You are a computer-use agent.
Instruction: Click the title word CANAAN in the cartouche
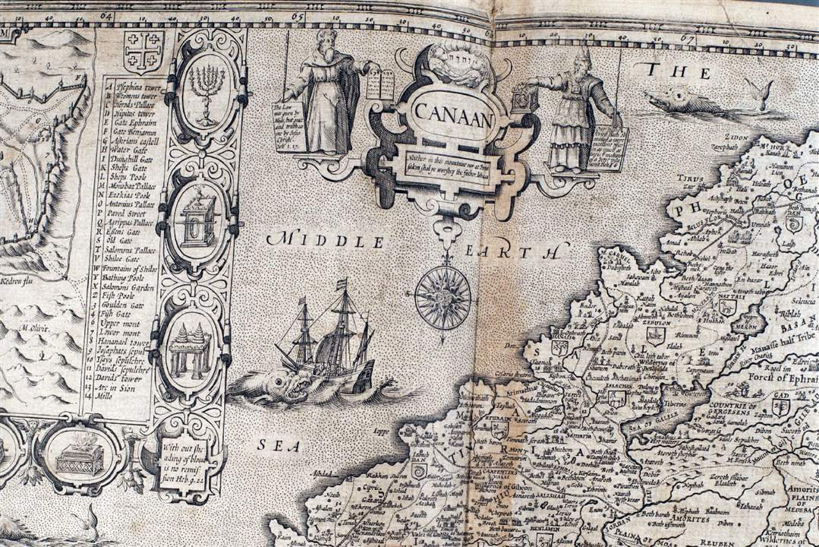pyautogui.click(x=453, y=116)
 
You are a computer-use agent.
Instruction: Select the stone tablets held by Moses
pyautogui.click(x=380, y=84)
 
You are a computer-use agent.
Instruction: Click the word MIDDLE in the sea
pyautogui.click(x=325, y=242)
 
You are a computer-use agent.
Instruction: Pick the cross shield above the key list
pyautogui.click(x=143, y=52)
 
